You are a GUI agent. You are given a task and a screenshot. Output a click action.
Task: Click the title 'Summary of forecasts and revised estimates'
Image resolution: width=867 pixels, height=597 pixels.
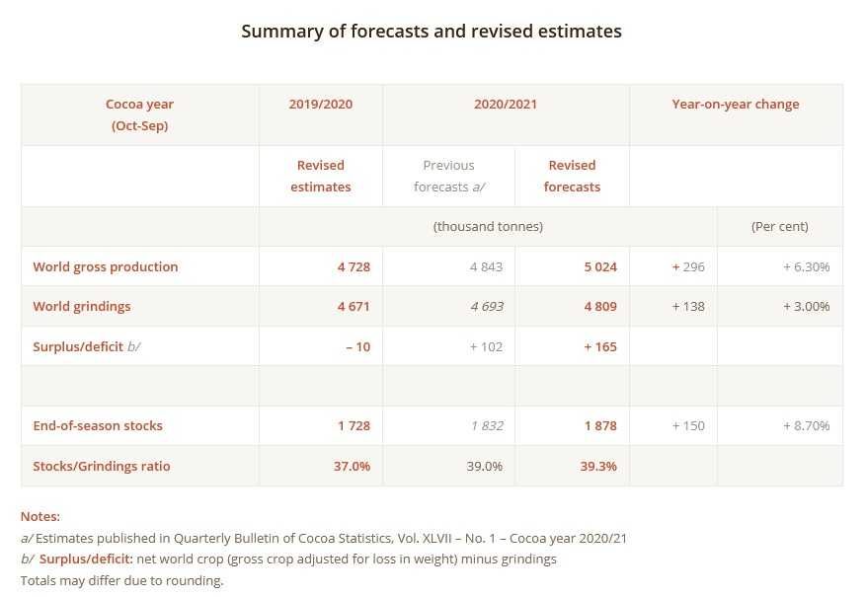coord(432,32)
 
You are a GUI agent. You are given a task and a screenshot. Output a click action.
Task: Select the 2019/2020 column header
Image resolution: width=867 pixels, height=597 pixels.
coord(320,105)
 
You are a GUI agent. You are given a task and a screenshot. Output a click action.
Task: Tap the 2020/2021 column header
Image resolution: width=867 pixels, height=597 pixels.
coord(506,105)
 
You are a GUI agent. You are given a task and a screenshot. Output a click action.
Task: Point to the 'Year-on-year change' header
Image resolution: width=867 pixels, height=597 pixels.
coord(736,105)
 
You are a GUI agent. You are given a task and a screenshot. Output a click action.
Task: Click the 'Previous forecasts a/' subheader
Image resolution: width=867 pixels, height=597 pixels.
coord(448,176)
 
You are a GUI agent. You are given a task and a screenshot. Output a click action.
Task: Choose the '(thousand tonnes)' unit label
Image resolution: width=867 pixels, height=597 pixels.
coord(488,226)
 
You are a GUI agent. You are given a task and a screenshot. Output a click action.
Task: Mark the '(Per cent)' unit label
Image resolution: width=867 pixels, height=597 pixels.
coord(779,226)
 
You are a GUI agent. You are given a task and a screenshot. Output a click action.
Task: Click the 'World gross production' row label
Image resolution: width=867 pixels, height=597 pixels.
coord(106,266)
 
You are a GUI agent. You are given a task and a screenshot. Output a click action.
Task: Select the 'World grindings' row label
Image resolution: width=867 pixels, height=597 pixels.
coord(82,306)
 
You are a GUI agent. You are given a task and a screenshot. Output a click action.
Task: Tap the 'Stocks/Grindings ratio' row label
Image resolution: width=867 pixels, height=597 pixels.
coord(102,466)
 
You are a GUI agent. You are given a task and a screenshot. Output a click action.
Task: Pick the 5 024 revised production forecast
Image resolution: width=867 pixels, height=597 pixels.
coord(599,266)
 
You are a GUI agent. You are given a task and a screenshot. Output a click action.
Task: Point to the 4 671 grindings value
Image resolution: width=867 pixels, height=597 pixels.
coord(353,306)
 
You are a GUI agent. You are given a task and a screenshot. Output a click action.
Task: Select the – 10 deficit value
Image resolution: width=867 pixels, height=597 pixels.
coord(357,346)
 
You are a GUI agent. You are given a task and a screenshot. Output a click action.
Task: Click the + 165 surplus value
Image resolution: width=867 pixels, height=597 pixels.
coord(599,346)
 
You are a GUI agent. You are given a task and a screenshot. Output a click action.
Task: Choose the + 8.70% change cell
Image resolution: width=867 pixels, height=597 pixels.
coord(806,426)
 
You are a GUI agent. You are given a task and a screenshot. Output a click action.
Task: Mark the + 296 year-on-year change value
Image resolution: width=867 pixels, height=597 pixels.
coord(687,266)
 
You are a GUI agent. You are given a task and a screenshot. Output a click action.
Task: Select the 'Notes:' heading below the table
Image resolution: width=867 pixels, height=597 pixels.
coord(40,516)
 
